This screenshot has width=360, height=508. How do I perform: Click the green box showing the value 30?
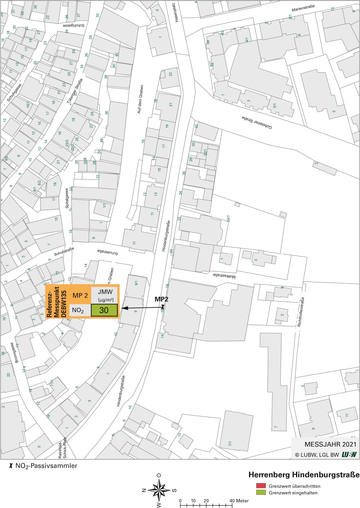[104, 310]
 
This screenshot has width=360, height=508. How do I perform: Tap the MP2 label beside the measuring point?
[161, 299]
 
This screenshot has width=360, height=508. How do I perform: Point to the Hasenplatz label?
[176, 13]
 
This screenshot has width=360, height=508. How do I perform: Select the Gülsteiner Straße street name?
[257, 122]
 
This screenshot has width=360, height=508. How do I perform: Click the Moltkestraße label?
[224, 275]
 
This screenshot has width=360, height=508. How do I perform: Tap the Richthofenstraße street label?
[301, 312]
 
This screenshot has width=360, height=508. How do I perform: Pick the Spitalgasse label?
[67, 198]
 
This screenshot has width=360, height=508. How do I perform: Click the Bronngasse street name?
[14, 352]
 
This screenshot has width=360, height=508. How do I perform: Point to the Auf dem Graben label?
[140, 99]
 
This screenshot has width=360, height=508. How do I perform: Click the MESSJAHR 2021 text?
[330, 444]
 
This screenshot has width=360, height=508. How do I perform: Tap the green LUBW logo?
[349, 454]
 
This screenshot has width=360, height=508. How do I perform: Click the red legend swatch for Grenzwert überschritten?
[261, 486]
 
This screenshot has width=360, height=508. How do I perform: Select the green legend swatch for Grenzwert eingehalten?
[261, 492]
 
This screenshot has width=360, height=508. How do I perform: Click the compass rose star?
[159, 490]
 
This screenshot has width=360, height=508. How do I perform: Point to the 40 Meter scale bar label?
[239, 500]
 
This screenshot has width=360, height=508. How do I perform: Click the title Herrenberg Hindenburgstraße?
[304, 475]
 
